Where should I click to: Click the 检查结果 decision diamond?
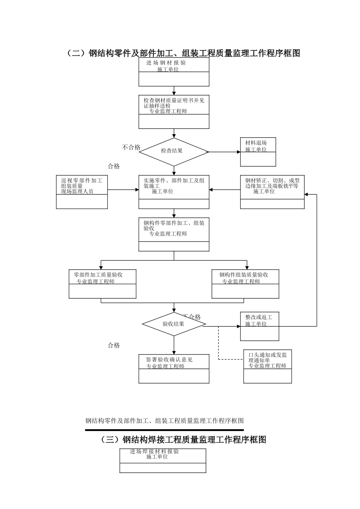pyautogui.click(x=174, y=151)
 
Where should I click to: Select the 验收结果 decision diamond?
pyautogui.click(x=174, y=324)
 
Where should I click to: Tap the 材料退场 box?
pyautogui.click(x=258, y=152)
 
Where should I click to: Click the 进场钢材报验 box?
pyautogui.click(x=174, y=72)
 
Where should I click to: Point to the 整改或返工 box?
pyautogui.click(x=260, y=326)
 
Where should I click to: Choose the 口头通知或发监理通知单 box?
pyautogui.click(x=268, y=366)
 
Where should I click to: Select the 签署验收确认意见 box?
pyautogui.click(x=174, y=368)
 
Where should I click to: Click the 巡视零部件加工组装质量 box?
pyautogui.click(x=82, y=192)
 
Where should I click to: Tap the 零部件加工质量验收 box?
pyautogui.click(x=102, y=284)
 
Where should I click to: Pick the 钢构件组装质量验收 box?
pyautogui.click(x=245, y=284)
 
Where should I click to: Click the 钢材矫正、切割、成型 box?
pyautogui.click(x=272, y=192)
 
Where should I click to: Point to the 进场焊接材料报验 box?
pyautogui.click(x=163, y=461)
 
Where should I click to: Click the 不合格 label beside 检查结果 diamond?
pyautogui.click(x=131, y=148)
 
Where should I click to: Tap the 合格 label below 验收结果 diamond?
pyautogui.click(x=114, y=345)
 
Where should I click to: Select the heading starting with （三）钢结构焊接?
pyautogui.click(x=183, y=440)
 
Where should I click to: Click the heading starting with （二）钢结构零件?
pyautogui.click(x=183, y=53)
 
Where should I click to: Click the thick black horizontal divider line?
pyautogui.click(x=164, y=430)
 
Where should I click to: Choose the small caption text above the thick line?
pyautogui.click(x=164, y=421)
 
